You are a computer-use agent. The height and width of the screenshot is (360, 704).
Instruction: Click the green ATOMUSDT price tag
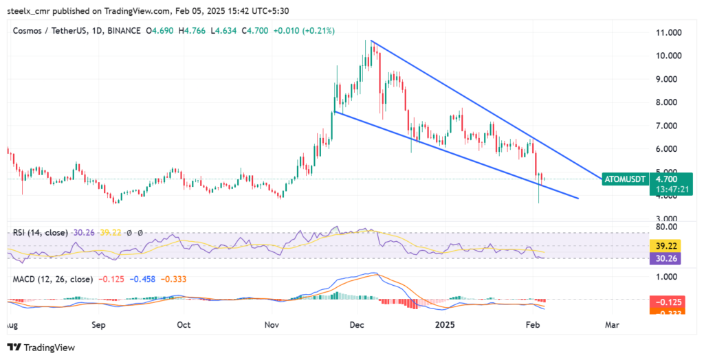point(624,179)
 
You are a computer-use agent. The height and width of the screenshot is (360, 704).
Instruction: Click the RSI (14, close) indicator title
point(40,233)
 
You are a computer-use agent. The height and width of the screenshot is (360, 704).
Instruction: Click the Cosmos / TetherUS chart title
point(52,31)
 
